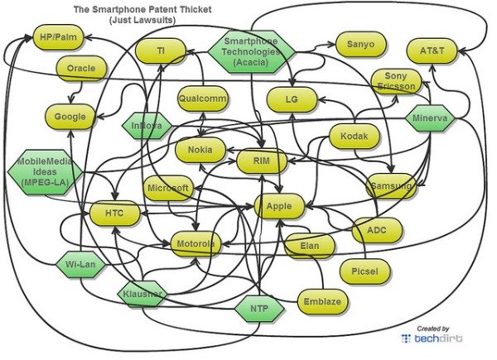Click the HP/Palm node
tap(58, 37)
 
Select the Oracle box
tap(81, 68)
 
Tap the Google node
tap(70, 117)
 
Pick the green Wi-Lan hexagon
tap(80, 264)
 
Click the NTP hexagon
tap(259, 308)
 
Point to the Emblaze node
tap(322, 301)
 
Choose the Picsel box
tap(364, 271)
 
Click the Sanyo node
tap(360, 44)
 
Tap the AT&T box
tap(432, 50)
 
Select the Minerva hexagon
tap(430, 118)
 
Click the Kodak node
tap(354, 137)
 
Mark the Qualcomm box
tap(203, 98)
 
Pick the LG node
tap(292, 99)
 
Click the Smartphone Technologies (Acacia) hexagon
tap(251, 51)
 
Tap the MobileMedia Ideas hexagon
tap(45, 172)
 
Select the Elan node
tap(309, 246)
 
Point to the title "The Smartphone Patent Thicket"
tap(142, 9)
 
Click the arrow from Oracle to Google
tap(75, 93)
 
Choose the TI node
tap(161, 50)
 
